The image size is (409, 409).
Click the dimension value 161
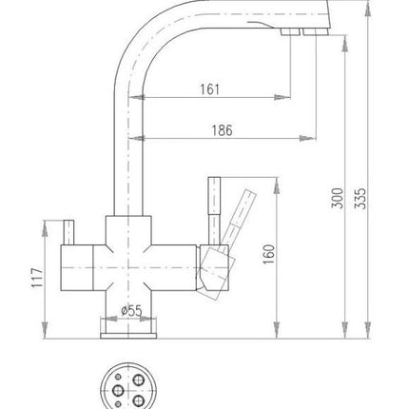click(x=209, y=89)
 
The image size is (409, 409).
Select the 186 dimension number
click(x=222, y=130)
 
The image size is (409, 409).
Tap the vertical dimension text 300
click(x=338, y=198)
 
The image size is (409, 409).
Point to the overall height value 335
click(x=360, y=199)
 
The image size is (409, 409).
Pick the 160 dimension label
click(x=269, y=254)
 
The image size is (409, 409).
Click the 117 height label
click(x=37, y=278)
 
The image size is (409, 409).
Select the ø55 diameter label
click(x=131, y=311)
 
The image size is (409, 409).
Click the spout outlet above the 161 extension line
click(x=290, y=31)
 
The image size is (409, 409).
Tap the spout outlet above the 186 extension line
click(x=316, y=31)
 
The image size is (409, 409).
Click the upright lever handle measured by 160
click(x=214, y=211)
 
